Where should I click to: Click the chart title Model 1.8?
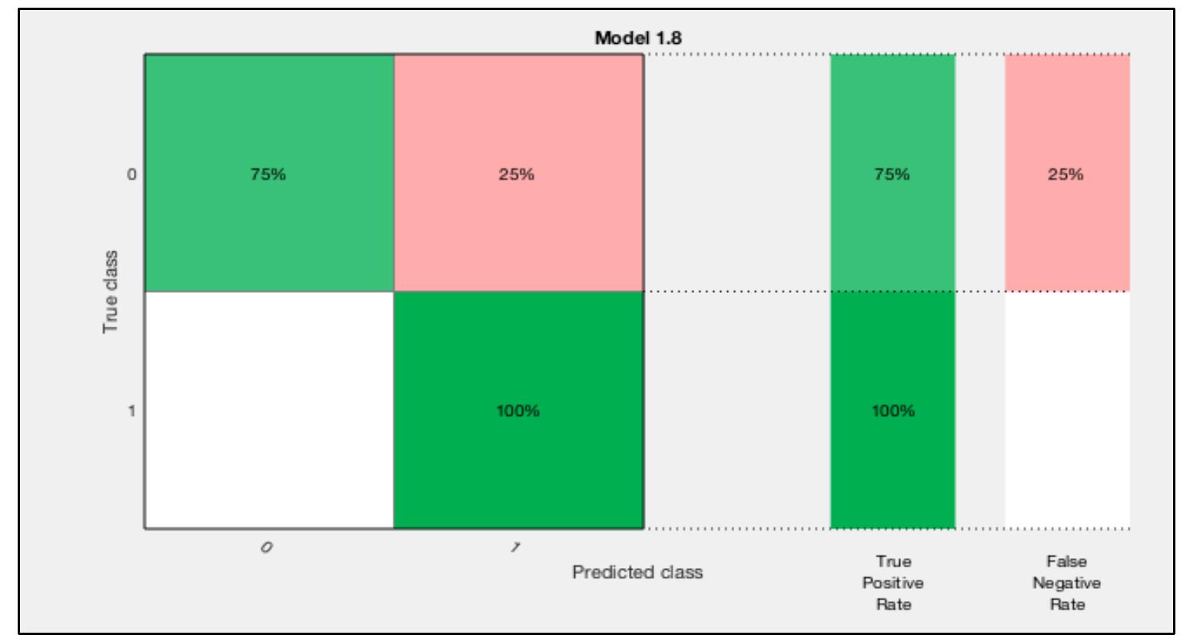pyautogui.click(x=637, y=38)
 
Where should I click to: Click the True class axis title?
pyautogui.click(x=111, y=291)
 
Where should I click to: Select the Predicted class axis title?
pyautogui.click(x=637, y=573)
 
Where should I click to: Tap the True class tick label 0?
pyautogui.click(x=131, y=175)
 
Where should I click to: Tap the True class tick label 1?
pyautogui.click(x=131, y=411)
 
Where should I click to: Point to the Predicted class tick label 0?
pyautogui.click(x=266, y=547)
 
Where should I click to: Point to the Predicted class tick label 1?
pyautogui.click(x=516, y=547)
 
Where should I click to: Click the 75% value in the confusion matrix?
pyautogui.click(x=268, y=175)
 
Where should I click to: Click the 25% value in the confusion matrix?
pyautogui.click(x=517, y=175)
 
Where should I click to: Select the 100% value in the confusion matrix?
pyautogui.click(x=517, y=411)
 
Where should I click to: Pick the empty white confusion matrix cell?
pyautogui.click(x=269, y=411)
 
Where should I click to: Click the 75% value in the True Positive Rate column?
pyautogui.click(x=892, y=175)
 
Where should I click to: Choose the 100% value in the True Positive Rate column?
pyautogui.click(x=892, y=411)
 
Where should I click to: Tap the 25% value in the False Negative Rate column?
pyautogui.click(x=1065, y=175)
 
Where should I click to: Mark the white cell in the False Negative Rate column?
pyautogui.click(x=1067, y=411)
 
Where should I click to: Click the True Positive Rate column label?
pyautogui.click(x=892, y=583)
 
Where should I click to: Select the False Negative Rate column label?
pyautogui.click(x=1066, y=583)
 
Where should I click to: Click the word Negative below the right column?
pyautogui.click(x=1066, y=583)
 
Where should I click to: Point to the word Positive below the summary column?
pyautogui.click(x=892, y=583)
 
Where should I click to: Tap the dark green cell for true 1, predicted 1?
pyautogui.click(x=517, y=461)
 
